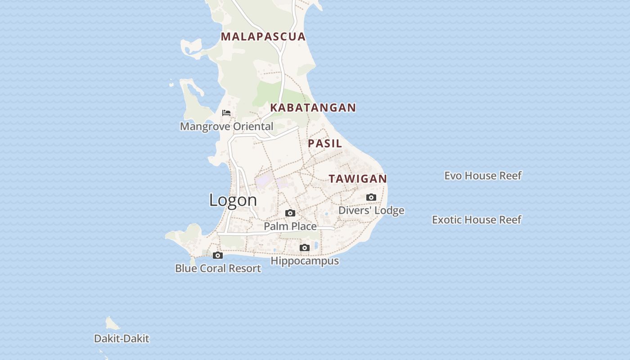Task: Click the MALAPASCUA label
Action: pyautogui.click(x=263, y=36)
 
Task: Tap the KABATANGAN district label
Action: pyautogui.click(x=313, y=108)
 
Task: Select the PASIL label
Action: pyautogui.click(x=325, y=144)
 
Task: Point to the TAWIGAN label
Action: pyautogui.click(x=358, y=179)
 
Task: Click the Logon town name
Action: pyautogui.click(x=233, y=200)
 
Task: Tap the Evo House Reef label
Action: pyautogui.click(x=483, y=175)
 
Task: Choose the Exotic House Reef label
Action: pyautogui.click(x=477, y=220)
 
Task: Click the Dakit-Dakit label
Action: pyautogui.click(x=121, y=338)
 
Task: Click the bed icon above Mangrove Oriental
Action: pyautogui.click(x=226, y=112)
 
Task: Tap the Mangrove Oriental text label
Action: pyautogui.click(x=226, y=126)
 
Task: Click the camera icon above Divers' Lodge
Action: pyautogui.click(x=371, y=197)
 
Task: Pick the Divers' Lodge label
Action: pyautogui.click(x=371, y=211)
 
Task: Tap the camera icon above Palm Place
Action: pyautogui.click(x=290, y=213)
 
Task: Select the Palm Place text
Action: pyautogui.click(x=290, y=226)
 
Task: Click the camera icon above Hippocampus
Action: pyautogui.click(x=305, y=247)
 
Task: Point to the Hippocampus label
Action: pyautogui.click(x=305, y=261)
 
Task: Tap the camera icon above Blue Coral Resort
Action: pyautogui.click(x=218, y=255)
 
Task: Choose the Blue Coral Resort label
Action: pyautogui.click(x=218, y=269)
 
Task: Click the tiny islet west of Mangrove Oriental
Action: pyautogui.click(x=171, y=84)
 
